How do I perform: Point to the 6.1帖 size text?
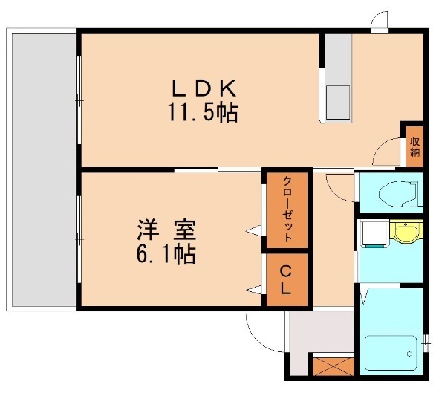165,255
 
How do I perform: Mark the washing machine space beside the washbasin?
373,235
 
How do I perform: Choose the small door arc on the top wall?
380,21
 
